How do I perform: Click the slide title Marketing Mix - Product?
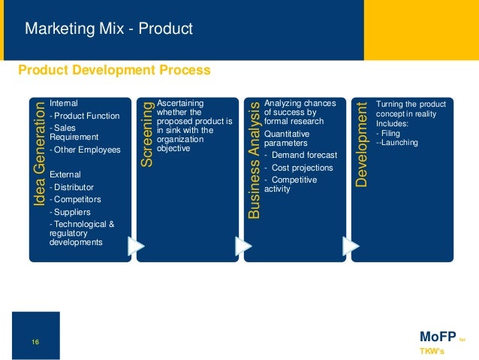pos(109,29)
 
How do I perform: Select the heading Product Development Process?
pos(114,70)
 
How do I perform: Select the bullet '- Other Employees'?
pos(84,150)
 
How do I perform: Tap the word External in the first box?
pos(65,174)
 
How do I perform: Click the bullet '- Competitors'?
pos(74,199)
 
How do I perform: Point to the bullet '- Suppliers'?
pos(71,212)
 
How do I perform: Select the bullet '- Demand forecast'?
pos(300,156)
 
